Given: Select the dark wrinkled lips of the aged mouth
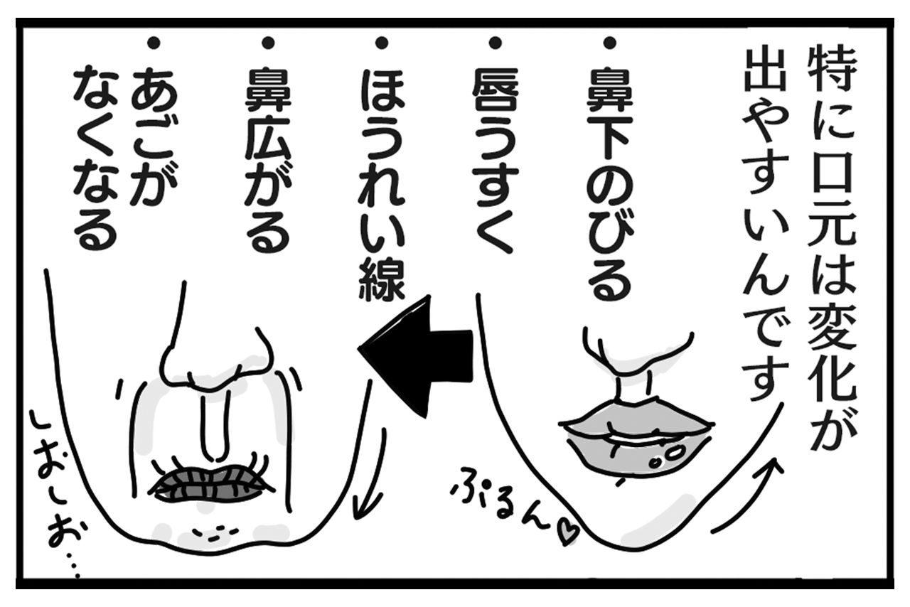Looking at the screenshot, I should (x=211, y=483).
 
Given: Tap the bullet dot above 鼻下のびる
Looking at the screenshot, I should (x=609, y=44).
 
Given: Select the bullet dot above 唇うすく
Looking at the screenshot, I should (x=496, y=44).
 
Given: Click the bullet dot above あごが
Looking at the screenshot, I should (x=152, y=44).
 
